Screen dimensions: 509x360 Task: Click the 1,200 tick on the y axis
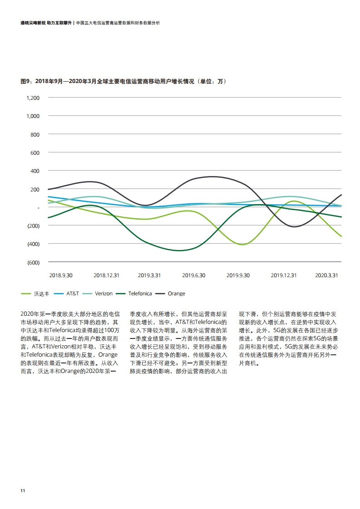(33, 98)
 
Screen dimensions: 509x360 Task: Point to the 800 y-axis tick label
(35, 134)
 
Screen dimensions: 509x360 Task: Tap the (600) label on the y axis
(33, 262)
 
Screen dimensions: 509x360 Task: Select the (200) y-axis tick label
(33, 225)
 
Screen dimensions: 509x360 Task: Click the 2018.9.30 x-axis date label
(61, 275)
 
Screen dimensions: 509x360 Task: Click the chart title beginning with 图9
(123, 81)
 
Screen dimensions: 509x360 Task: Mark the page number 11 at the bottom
(23, 491)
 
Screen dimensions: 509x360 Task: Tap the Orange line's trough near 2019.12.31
(294, 227)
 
